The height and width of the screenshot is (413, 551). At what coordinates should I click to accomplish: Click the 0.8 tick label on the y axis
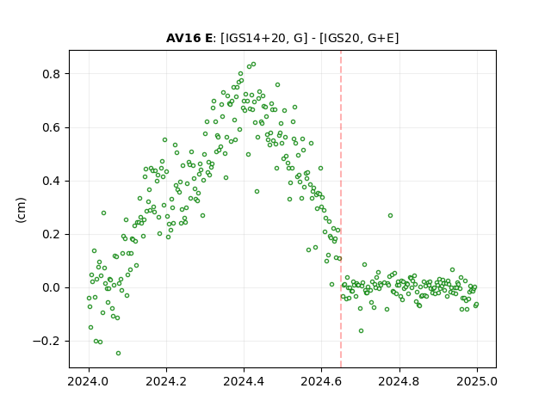tap(51, 74)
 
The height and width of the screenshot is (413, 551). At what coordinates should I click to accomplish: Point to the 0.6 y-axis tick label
tap(51, 127)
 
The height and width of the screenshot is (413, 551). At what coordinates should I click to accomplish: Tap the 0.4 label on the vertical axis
tap(51, 182)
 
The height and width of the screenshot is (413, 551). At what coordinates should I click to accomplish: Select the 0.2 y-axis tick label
tap(51, 235)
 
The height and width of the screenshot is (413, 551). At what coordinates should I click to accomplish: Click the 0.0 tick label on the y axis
tap(51, 288)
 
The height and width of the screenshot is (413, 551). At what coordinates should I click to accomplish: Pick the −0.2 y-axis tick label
tap(46, 342)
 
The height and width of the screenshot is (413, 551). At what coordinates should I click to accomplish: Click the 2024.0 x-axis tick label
tap(89, 381)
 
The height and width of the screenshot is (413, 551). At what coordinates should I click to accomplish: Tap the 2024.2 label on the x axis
tap(166, 381)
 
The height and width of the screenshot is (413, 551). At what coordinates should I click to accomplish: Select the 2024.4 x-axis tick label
tap(244, 381)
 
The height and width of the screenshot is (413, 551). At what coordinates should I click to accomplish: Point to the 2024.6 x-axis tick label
tap(321, 381)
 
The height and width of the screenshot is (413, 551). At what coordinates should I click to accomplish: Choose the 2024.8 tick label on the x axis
tap(399, 381)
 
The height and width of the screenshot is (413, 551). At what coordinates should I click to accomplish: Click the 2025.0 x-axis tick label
tap(477, 381)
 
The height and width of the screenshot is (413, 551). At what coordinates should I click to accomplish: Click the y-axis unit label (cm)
tap(21, 210)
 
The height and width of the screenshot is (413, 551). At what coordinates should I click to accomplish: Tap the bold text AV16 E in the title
tap(189, 38)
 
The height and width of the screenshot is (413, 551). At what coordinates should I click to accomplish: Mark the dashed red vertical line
tap(341, 209)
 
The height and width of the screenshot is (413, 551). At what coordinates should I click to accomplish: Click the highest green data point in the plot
tap(253, 65)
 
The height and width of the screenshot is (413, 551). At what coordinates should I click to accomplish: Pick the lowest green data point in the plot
tap(119, 354)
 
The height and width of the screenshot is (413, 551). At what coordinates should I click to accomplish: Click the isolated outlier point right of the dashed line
tap(390, 216)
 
